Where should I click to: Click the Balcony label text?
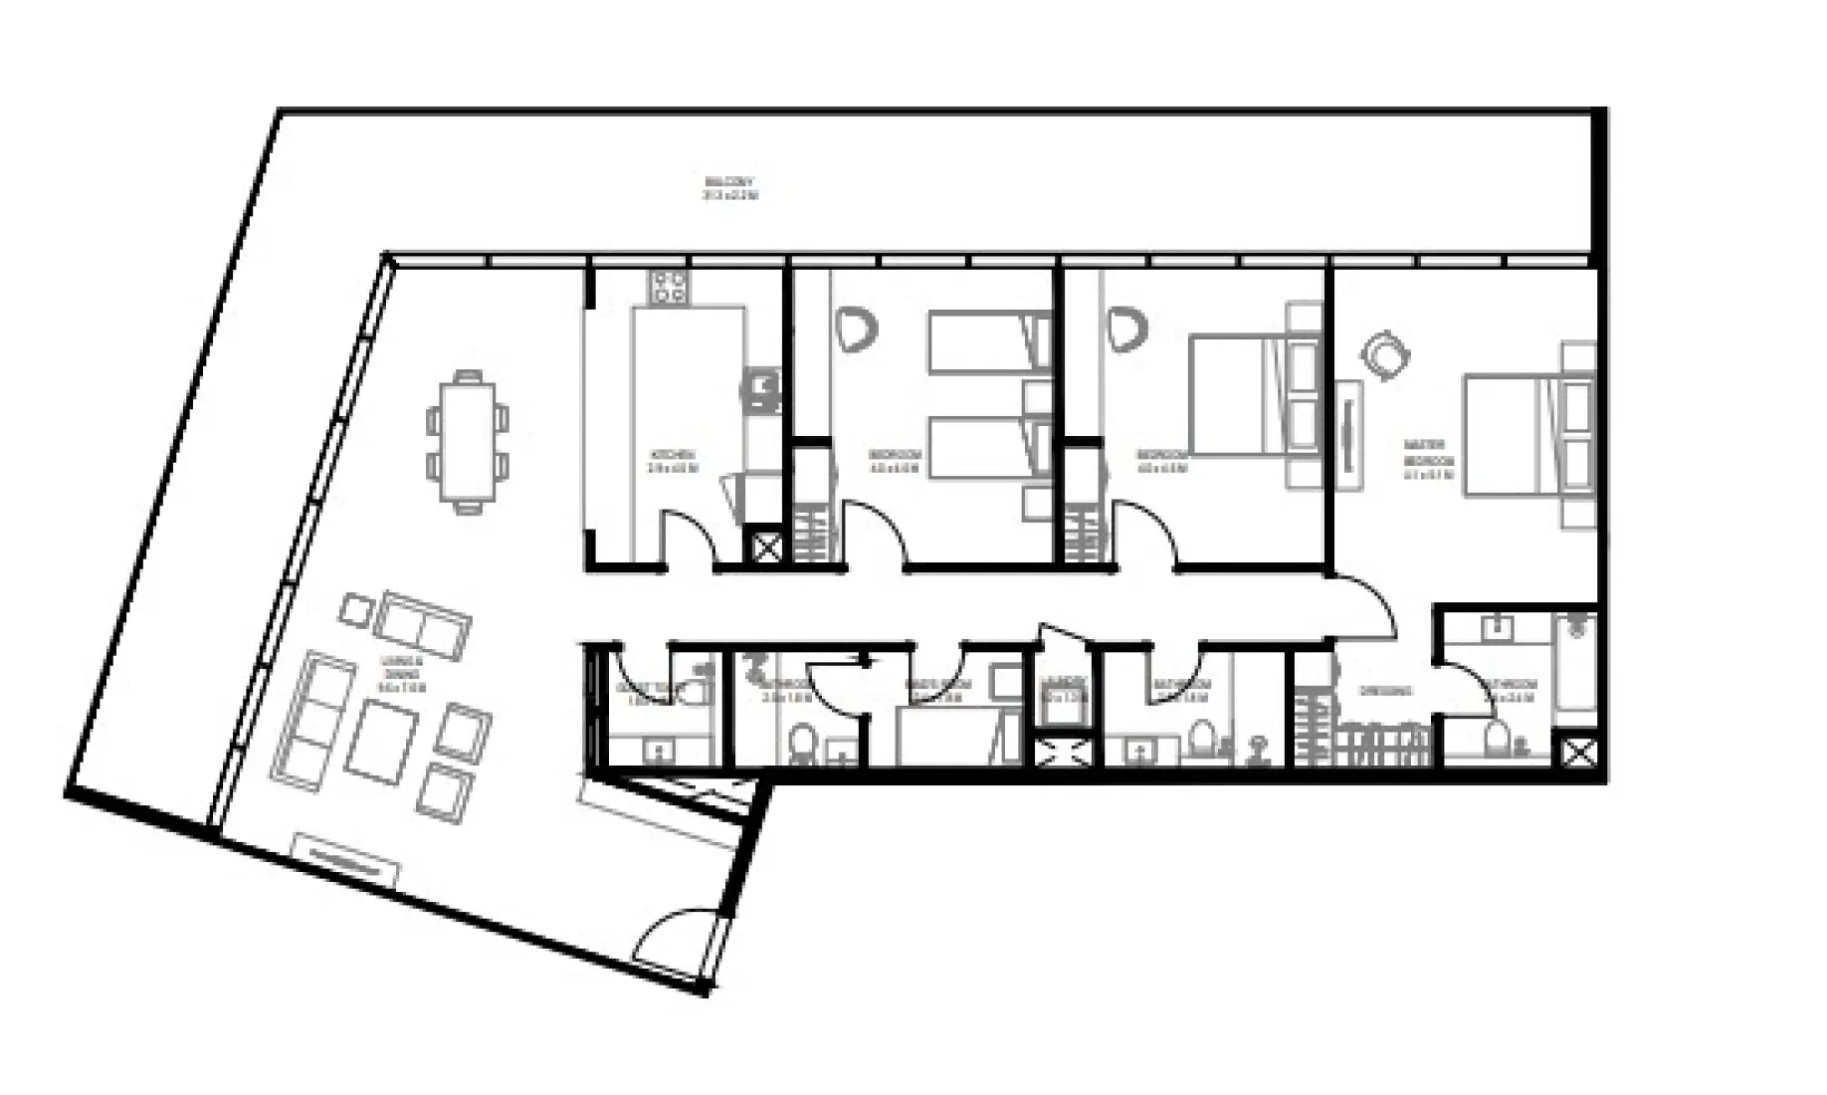[x=729, y=189]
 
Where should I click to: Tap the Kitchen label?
[x=672, y=461]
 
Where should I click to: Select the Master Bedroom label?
[x=1428, y=460]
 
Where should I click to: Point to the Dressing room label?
[x=1385, y=691]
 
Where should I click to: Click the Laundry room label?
[x=1064, y=689]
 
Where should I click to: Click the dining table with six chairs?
[x=467, y=441]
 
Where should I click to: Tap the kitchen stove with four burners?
[x=669, y=288]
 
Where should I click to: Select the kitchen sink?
[x=763, y=388]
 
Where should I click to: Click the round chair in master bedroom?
[x=1384, y=353]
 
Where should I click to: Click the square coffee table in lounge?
[x=381, y=741]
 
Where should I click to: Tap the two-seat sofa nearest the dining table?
[x=423, y=625]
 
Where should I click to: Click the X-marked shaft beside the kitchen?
[x=766, y=547]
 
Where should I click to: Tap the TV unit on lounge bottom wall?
[x=345, y=859]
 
